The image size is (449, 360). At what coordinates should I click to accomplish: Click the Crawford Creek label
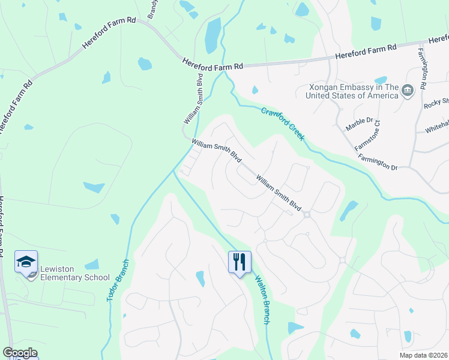click(x=283, y=123)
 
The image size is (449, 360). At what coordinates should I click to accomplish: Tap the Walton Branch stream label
click(x=262, y=299)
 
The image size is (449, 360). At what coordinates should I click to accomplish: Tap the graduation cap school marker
click(x=26, y=262)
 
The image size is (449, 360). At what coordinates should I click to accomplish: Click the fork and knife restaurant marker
click(x=239, y=262)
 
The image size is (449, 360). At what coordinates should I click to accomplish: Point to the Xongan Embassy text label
click(x=352, y=91)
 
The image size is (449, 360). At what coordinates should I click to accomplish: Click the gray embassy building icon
click(x=408, y=91)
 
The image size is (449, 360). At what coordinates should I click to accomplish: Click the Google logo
click(x=20, y=353)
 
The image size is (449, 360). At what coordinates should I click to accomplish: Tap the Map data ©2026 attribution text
click(x=423, y=355)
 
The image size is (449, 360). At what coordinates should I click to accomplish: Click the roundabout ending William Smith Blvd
click(x=307, y=215)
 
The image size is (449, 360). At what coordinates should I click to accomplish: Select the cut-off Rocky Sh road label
click(x=436, y=103)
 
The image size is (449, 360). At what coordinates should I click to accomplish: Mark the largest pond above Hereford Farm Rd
click(x=212, y=35)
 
